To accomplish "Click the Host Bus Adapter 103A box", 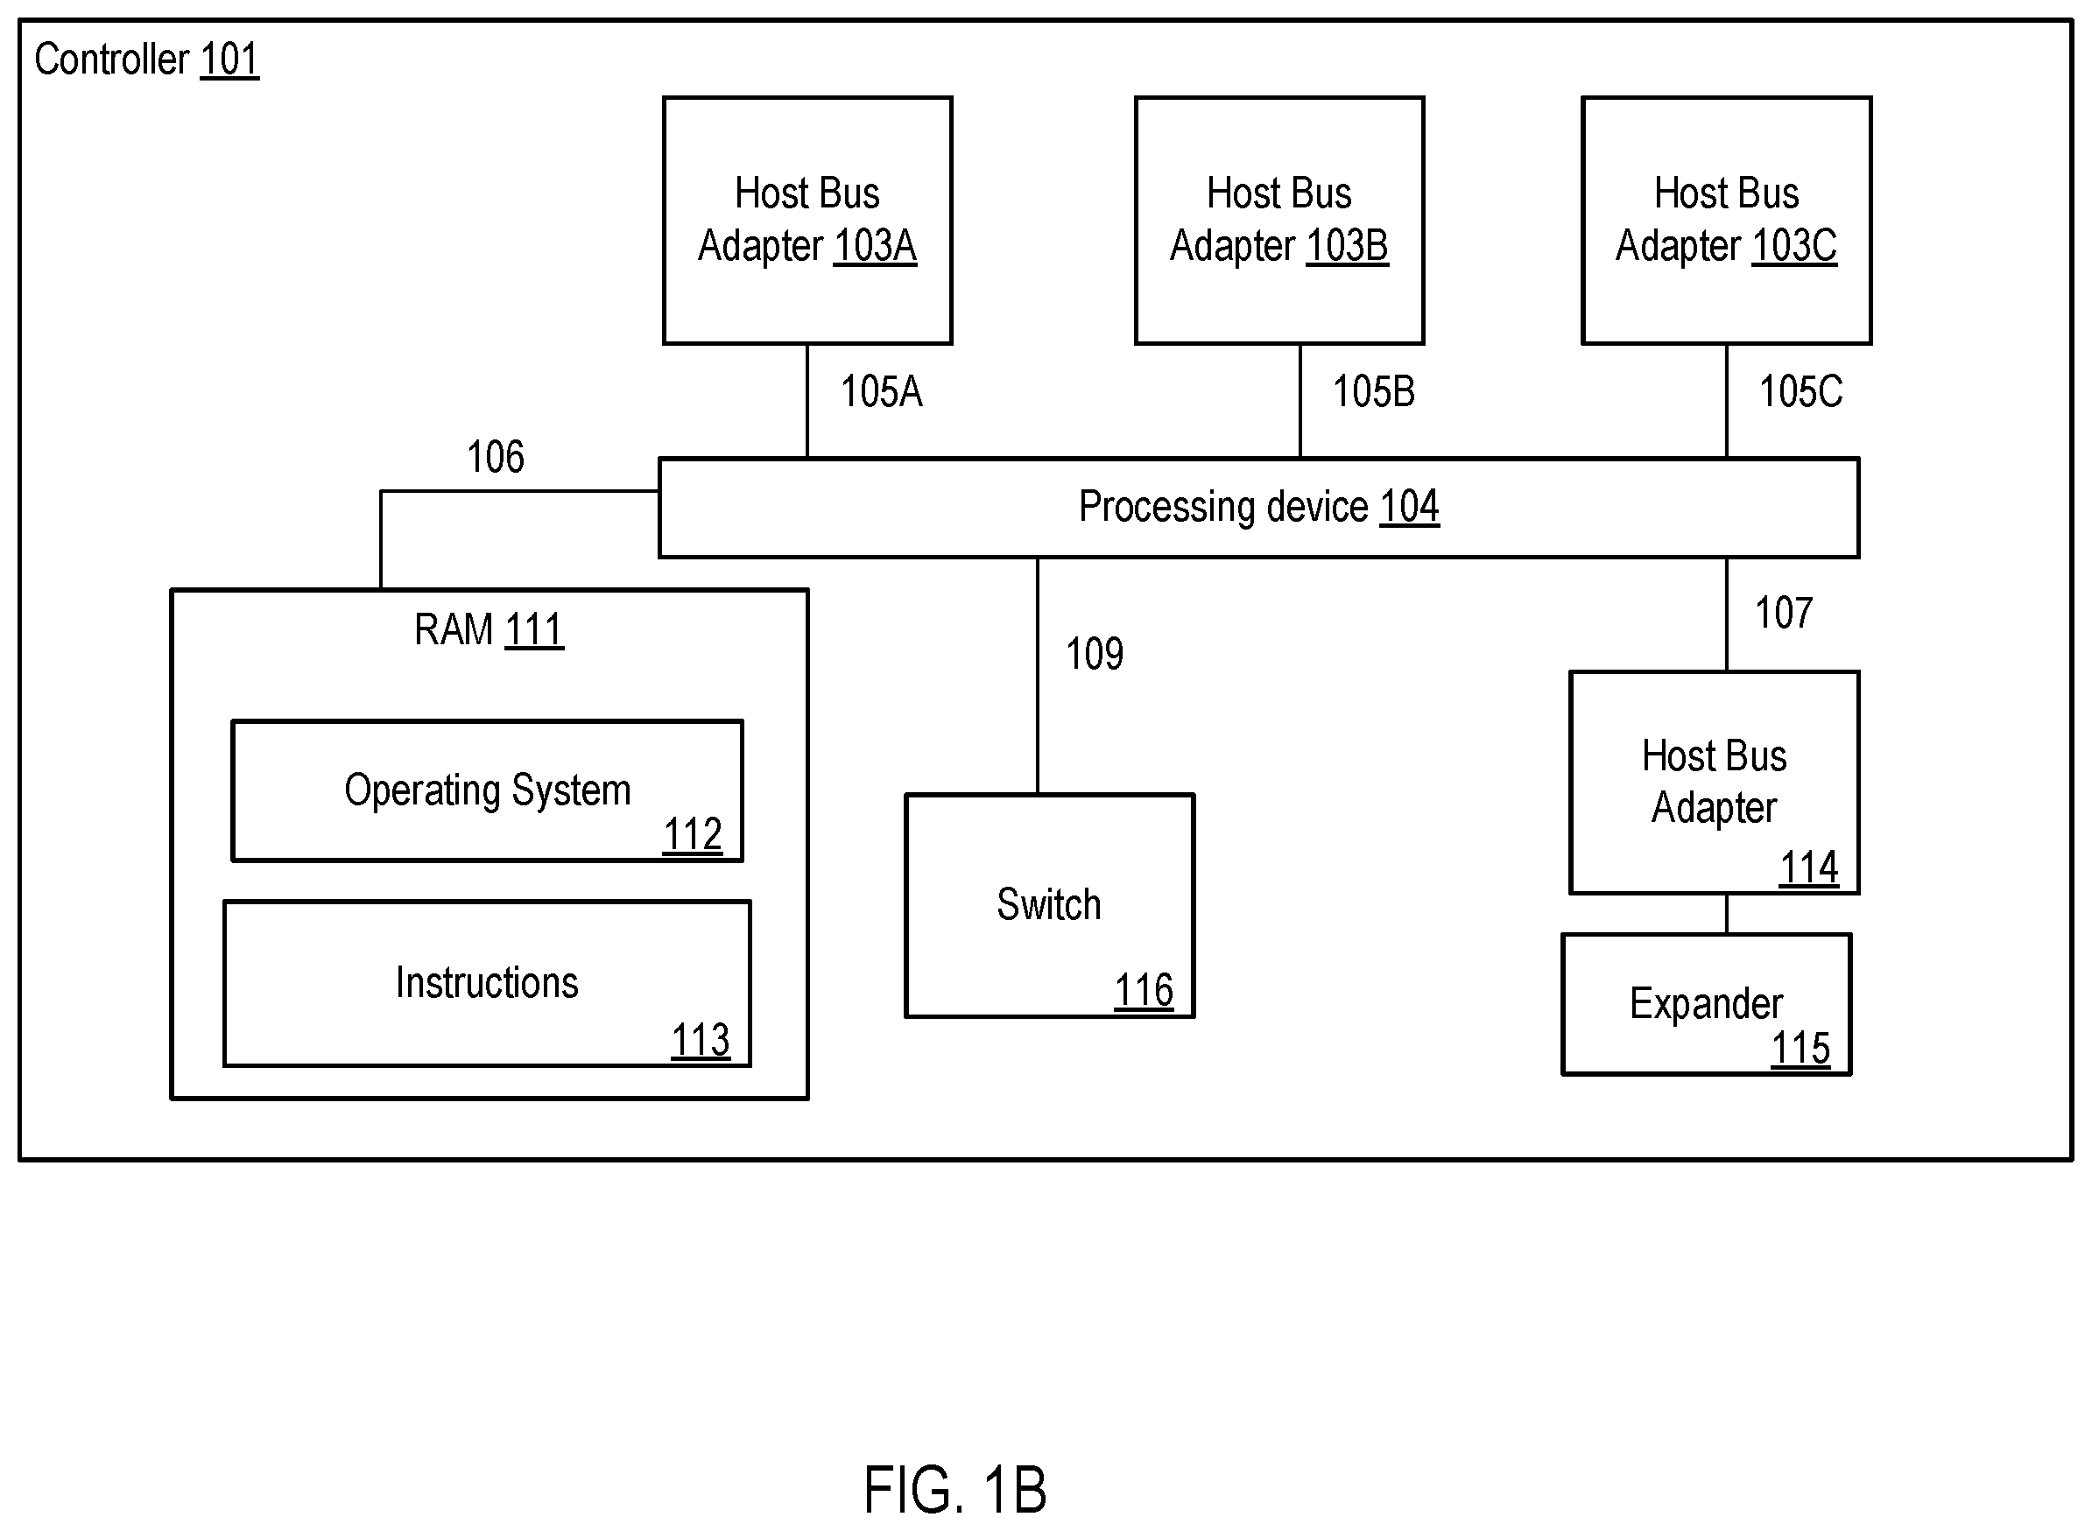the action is (807, 221).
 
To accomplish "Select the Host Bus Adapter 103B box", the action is (1279, 221).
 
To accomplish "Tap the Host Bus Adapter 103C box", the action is (1727, 221).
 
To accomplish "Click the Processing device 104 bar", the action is (1258, 508).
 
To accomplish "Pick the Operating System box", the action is (487, 790).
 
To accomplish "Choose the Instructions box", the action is (487, 983).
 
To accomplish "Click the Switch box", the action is (1049, 905).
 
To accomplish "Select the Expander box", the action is (1707, 1005).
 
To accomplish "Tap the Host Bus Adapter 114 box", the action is (1714, 783).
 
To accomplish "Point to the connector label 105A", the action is (882, 392).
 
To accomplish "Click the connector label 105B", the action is (1374, 392).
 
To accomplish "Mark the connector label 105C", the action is (1801, 392).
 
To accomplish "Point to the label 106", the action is (495, 457).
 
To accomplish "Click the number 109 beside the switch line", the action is (1095, 654).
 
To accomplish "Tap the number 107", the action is (1785, 614).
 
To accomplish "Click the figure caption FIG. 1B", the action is (954, 1489).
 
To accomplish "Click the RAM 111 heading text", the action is (489, 630).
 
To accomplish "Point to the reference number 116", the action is (1144, 991).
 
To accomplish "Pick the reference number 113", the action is (701, 1040).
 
